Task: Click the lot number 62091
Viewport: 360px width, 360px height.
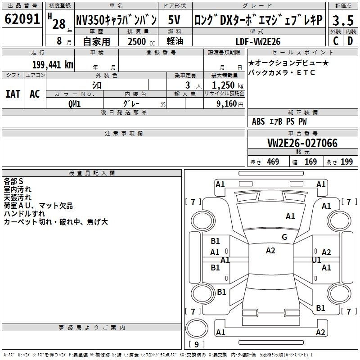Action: click(22, 18)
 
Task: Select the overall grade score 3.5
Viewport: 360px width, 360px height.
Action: click(343, 20)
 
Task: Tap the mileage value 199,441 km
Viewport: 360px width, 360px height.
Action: click(53, 65)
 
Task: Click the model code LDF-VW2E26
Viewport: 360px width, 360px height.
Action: click(258, 41)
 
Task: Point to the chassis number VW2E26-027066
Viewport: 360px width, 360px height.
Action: click(302, 143)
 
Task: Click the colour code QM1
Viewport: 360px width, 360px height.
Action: click(74, 104)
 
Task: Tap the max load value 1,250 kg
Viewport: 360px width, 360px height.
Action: click(228, 85)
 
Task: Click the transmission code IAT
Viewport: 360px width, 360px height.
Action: click(13, 94)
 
